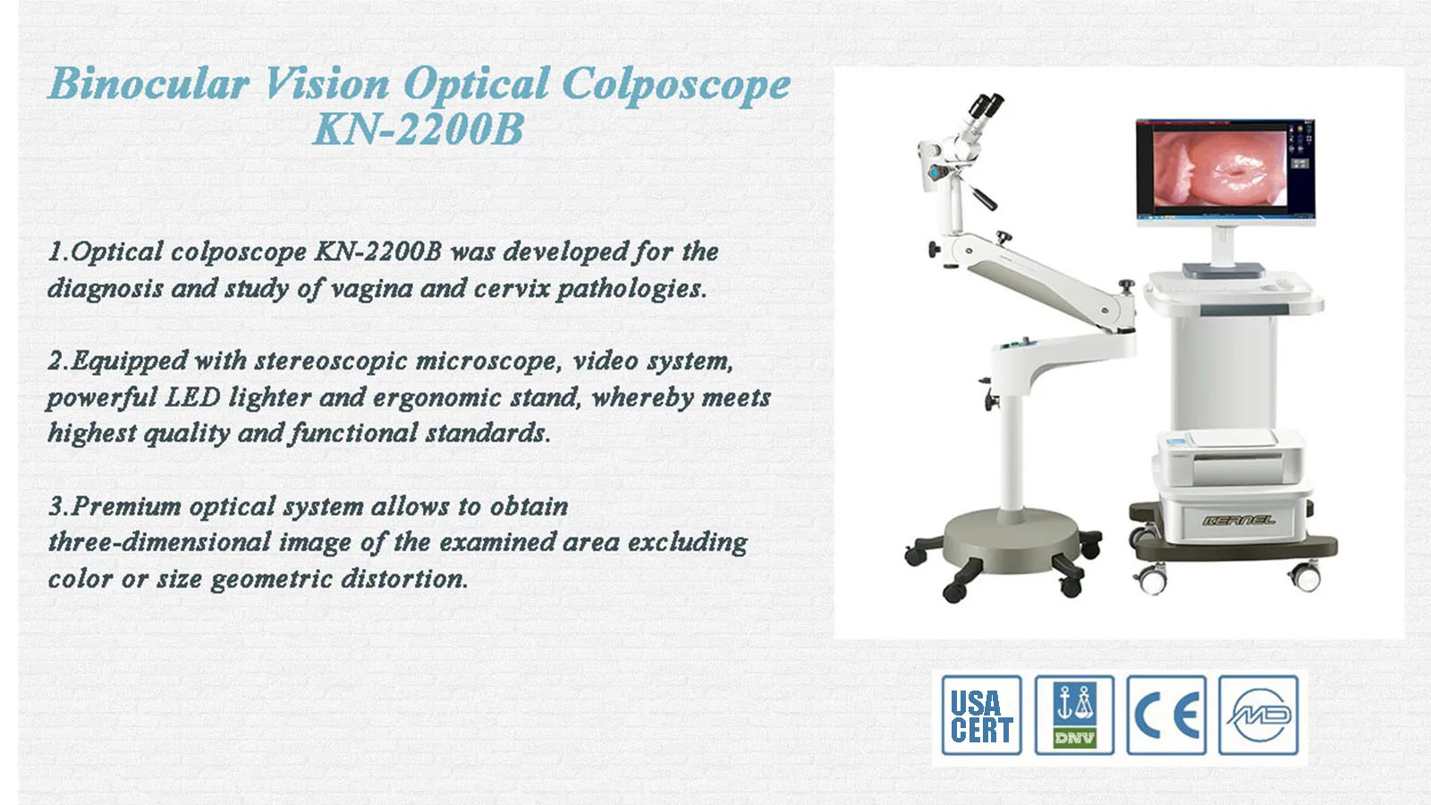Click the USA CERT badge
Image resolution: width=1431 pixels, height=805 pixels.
tap(981, 715)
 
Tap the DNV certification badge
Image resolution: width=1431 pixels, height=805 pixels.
tap(1074, 715)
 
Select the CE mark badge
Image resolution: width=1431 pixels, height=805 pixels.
tap(1166, 715)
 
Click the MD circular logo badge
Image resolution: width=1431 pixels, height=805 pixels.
tap(1258, 715)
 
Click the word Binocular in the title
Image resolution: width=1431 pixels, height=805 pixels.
tap(148, 84)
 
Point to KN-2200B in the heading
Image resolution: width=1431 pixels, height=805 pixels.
tap(419, 129)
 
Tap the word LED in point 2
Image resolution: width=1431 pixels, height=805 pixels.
tap(193, 397)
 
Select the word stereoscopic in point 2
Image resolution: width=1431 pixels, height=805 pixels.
tap(331, 361)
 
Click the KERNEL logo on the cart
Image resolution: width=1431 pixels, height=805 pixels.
tap(1239, 520)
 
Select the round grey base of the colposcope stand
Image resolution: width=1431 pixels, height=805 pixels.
tap(1012, 541)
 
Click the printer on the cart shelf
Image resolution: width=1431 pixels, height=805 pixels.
tap(1229, 457)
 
